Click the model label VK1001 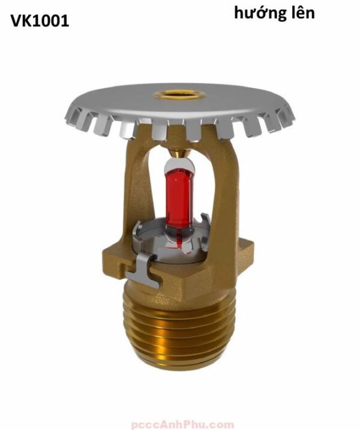pyautogui.click(x=40, y=22)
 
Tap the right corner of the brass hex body pyautogui.click(x=253, y=246)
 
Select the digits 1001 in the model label pyautogui.click(x=50, y=22)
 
